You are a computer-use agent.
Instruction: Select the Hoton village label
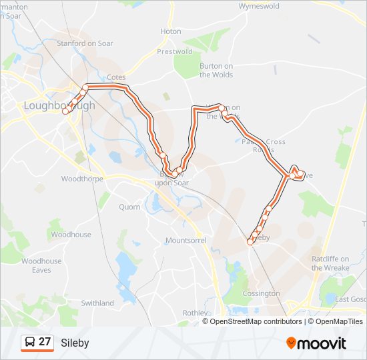pos(171,31)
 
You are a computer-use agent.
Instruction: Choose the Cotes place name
pos(116,77)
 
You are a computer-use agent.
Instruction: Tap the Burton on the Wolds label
pos(216,70)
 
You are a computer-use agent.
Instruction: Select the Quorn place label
pos(129,207)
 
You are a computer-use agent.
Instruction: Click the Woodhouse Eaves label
pos(41,265)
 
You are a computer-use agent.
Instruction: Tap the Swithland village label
pos(97,303)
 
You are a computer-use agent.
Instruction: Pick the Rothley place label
pos(195,312)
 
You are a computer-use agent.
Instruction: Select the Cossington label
pos(262,293)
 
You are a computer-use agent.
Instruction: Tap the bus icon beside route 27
pos(30,343)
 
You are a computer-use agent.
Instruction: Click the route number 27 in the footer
pos(45,342)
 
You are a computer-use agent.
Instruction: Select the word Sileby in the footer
pos(75,343)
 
